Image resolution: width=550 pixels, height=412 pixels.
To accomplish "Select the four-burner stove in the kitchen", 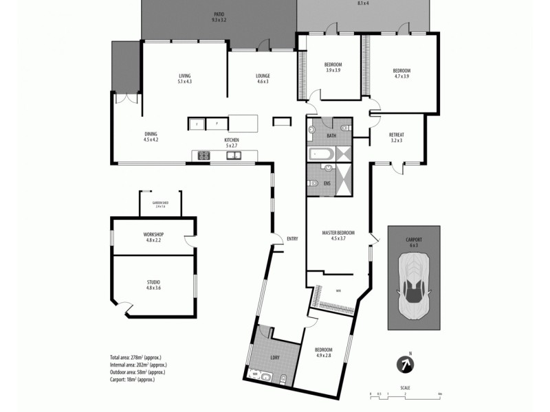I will tap(203, 155).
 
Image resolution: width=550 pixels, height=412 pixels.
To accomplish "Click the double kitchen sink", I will tap(234, 155).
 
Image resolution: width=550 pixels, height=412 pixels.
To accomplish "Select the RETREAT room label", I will tap(396, 135).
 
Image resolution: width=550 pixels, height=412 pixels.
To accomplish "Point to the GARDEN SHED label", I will tap(161, 203).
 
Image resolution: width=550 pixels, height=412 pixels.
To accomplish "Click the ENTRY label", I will tap(292, 238).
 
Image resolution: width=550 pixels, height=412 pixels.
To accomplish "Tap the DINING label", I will tap(151, 134).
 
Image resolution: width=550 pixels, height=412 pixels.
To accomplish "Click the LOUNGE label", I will tap(263, 76).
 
